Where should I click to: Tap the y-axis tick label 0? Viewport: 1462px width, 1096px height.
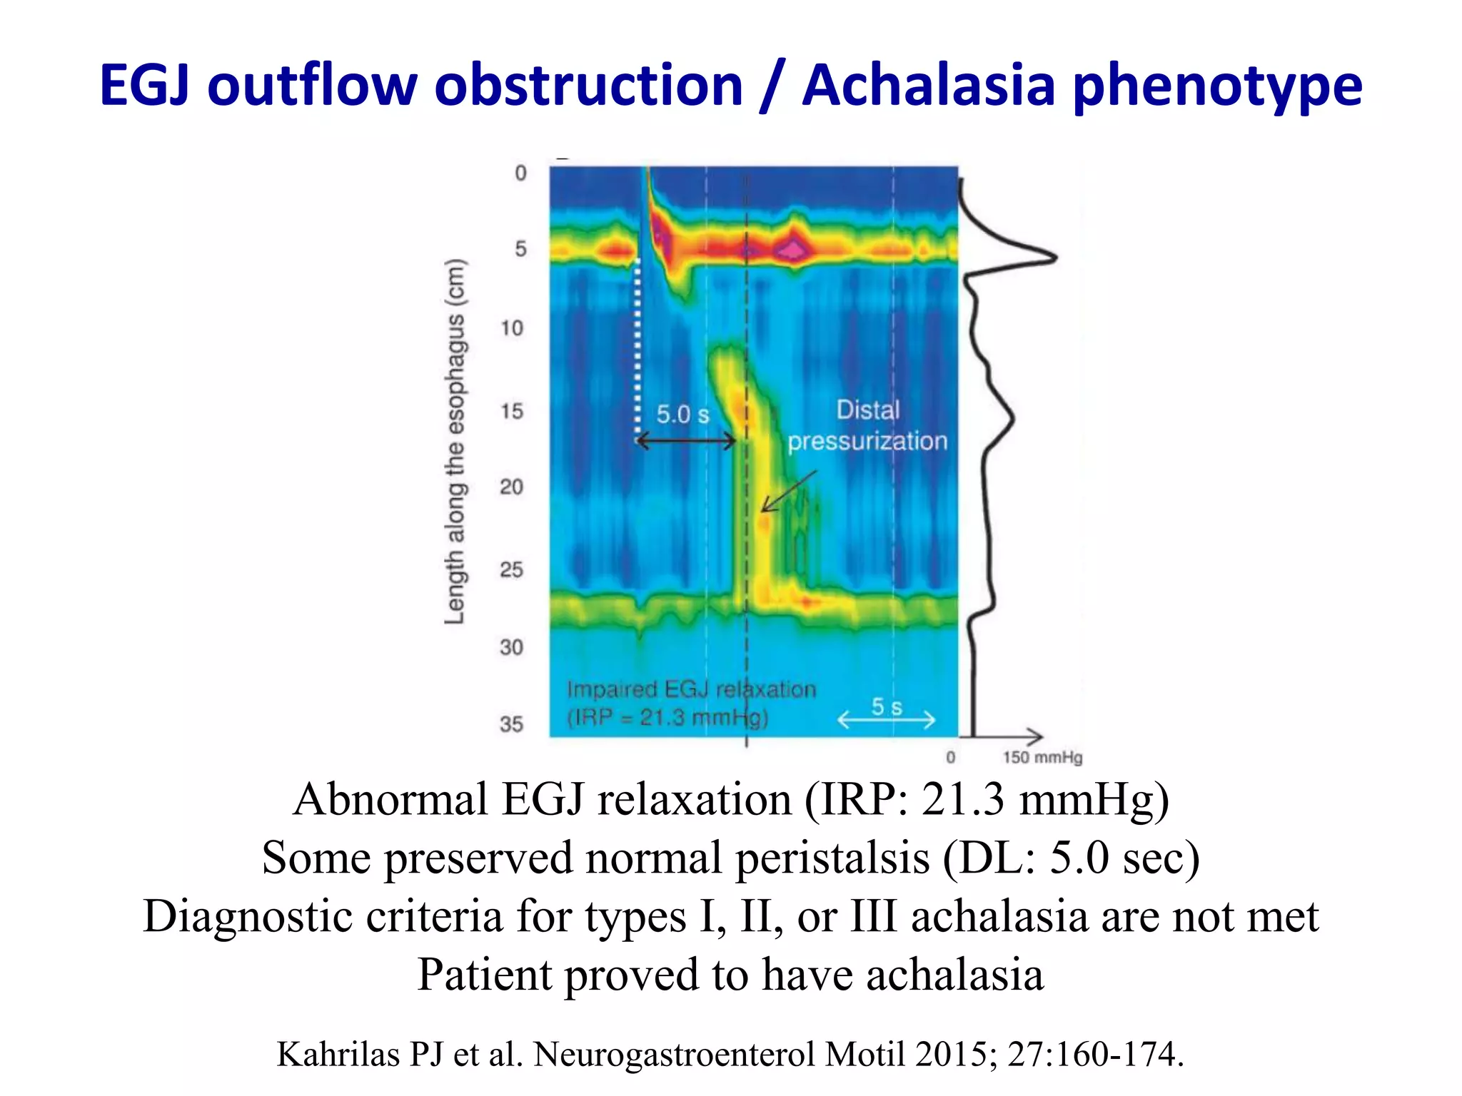point(521,173)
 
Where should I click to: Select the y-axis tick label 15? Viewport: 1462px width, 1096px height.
point(511,411)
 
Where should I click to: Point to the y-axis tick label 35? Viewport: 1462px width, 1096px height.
point(511,724)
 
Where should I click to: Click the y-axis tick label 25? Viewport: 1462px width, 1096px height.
point(511,569)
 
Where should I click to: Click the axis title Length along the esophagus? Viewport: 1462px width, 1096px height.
point(455,441)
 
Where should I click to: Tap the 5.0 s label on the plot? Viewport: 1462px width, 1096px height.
point(682,415)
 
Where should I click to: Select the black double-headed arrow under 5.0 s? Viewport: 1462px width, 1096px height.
point(685,442)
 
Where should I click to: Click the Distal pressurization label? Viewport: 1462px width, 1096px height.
point(867,426)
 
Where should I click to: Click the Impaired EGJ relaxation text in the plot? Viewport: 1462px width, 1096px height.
point(691,690)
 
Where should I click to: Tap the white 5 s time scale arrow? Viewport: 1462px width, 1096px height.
point(886,719)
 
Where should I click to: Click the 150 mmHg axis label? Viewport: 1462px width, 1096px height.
point(1042,758)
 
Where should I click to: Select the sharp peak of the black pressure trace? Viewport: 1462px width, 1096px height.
point(1054,258)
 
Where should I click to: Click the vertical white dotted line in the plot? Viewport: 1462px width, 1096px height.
point(637,350)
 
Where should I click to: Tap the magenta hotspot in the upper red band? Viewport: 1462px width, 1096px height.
point(792,248)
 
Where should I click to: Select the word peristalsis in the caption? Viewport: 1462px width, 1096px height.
point(832,858)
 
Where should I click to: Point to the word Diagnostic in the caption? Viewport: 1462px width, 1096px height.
point(248,916)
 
